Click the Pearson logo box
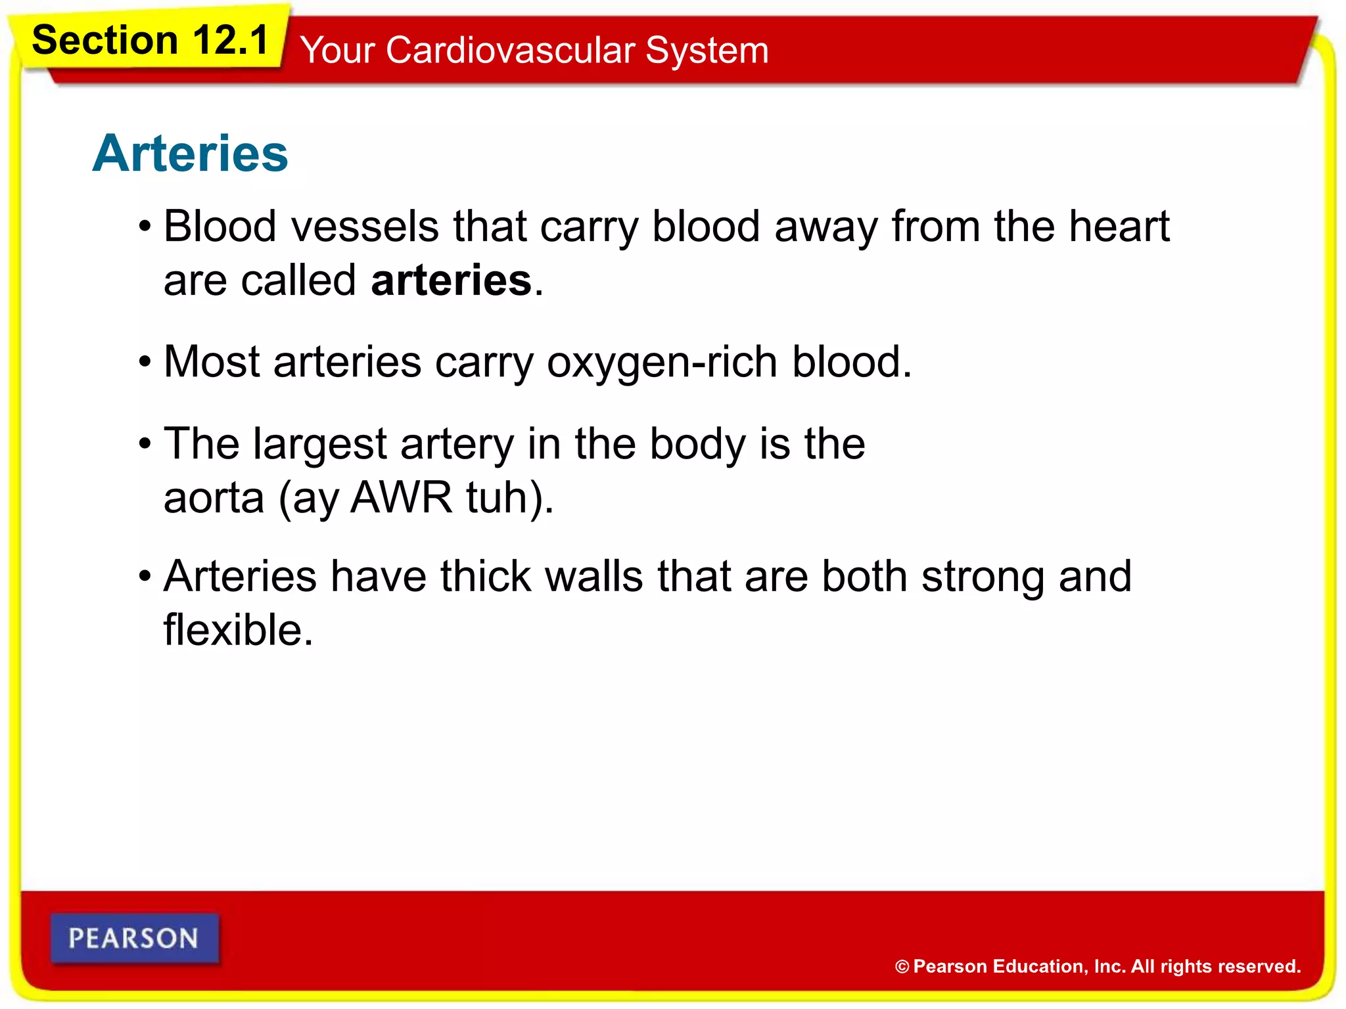[134, 938]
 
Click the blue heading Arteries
[191, 153]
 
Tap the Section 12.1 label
[151, 40]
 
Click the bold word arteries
[451, 280]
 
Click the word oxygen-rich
[662, 363]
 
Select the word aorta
[214, 497]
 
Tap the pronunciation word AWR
[402, 497]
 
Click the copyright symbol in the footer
[902, 967]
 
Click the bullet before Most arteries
[145, 363]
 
